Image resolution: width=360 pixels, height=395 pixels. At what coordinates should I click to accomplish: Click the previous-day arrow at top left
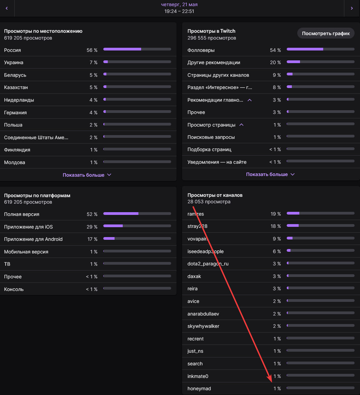(7, 8)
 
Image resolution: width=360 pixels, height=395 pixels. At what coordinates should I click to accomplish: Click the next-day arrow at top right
(352, 8)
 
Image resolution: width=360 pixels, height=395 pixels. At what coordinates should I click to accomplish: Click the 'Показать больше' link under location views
(87, 175)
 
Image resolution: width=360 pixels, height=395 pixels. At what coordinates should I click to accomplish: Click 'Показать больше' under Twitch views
(270, 174)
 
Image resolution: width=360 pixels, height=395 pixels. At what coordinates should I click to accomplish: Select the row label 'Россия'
(12, 50)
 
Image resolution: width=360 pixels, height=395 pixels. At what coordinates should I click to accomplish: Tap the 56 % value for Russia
(92, 50)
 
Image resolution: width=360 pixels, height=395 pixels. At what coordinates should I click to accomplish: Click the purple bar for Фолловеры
(305, 49)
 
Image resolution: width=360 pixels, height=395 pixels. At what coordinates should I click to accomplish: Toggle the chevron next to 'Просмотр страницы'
(241, 125)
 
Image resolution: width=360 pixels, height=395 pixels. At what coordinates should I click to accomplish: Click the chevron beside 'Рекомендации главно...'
(250, 100)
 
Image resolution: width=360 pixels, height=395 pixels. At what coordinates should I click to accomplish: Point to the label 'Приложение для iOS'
(28, 227)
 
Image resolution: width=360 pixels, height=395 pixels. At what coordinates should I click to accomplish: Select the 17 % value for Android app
(92, 239)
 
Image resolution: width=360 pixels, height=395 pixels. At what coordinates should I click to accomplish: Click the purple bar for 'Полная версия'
(121, 214)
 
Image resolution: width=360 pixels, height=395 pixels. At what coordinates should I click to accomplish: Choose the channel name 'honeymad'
(199, 389)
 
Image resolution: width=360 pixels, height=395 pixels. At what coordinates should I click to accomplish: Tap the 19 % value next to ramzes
(276, 214)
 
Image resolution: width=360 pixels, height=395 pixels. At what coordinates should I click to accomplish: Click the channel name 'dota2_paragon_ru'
(208, 264)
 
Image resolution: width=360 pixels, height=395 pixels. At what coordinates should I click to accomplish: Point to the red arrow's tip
(271, 382)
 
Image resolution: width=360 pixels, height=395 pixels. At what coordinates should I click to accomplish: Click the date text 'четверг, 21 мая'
(179, 4)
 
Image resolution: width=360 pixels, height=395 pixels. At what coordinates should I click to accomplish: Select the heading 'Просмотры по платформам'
(37, 195)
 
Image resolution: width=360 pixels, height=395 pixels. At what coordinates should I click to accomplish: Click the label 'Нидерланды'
(19, 100)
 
